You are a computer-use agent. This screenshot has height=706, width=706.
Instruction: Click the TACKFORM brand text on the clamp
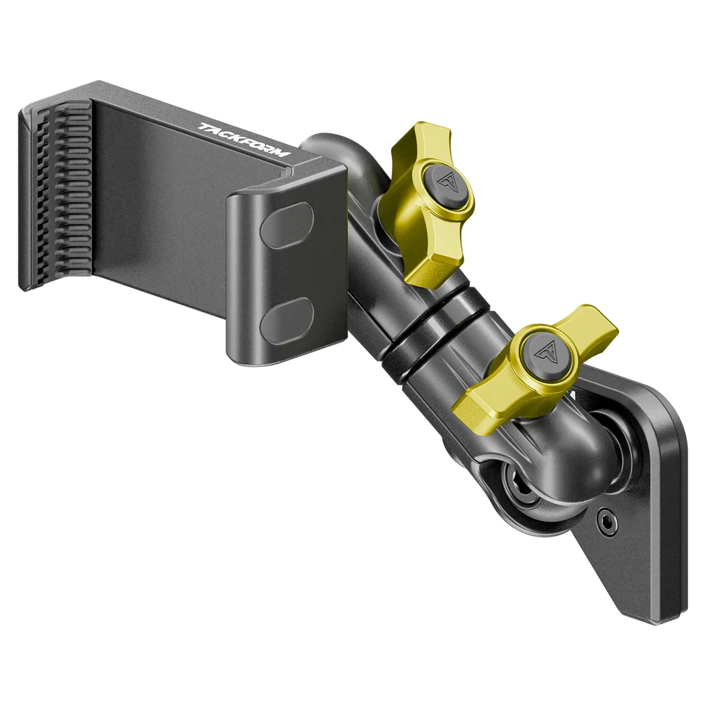click(245, 140)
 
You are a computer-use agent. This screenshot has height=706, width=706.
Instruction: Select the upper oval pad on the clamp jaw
click(287, 225)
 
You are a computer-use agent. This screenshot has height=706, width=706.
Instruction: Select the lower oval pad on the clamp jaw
click(287, 321)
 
